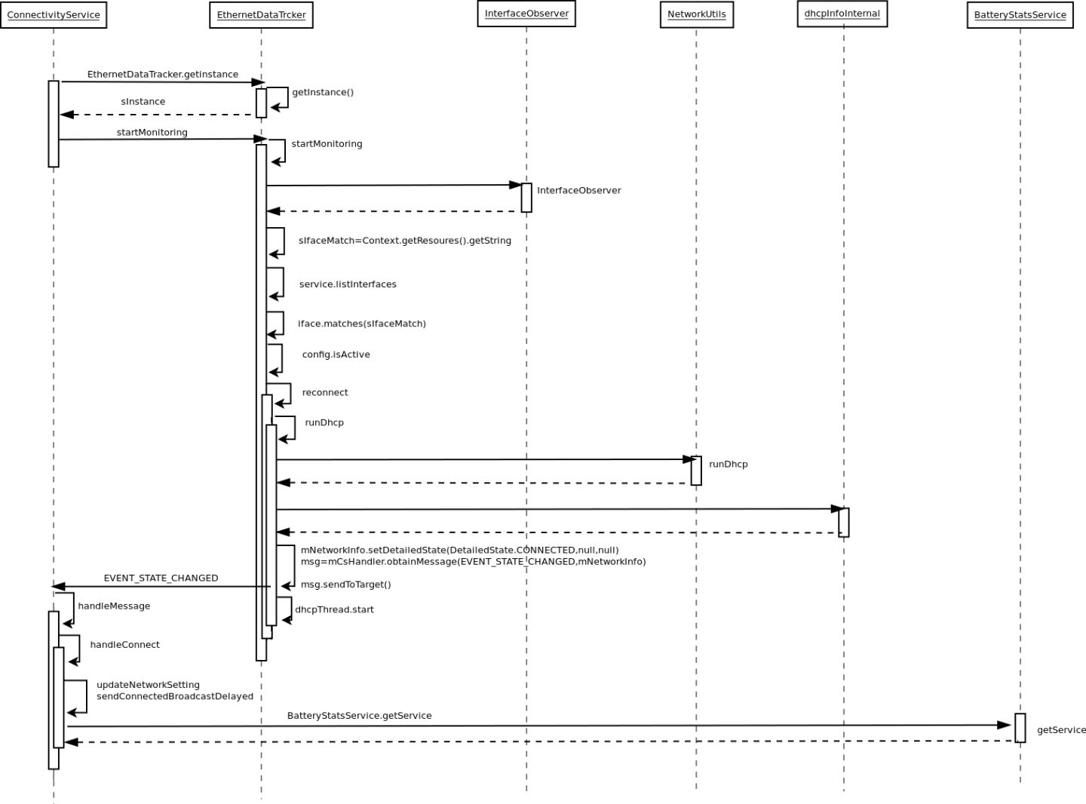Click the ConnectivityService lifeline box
[54, 15]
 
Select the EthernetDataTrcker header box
[261, 15]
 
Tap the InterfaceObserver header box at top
[526, 14]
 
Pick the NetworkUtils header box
[696, 15]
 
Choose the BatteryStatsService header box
[1020, 15]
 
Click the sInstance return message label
[143, 102]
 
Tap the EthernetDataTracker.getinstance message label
[162, 75]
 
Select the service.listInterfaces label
[348, 284]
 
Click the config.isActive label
[336, 354]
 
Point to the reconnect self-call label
[325, 392]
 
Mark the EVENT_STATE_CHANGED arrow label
[161, 578]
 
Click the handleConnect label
[124, 645]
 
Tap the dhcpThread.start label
[334, 609]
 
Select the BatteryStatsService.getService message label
[359, 716]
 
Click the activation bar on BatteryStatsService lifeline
[1020, 728]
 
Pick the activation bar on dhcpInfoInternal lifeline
[843, 522]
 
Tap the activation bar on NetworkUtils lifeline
[696, 471]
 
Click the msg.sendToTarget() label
[345, 585]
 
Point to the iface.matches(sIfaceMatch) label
[361, 324]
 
